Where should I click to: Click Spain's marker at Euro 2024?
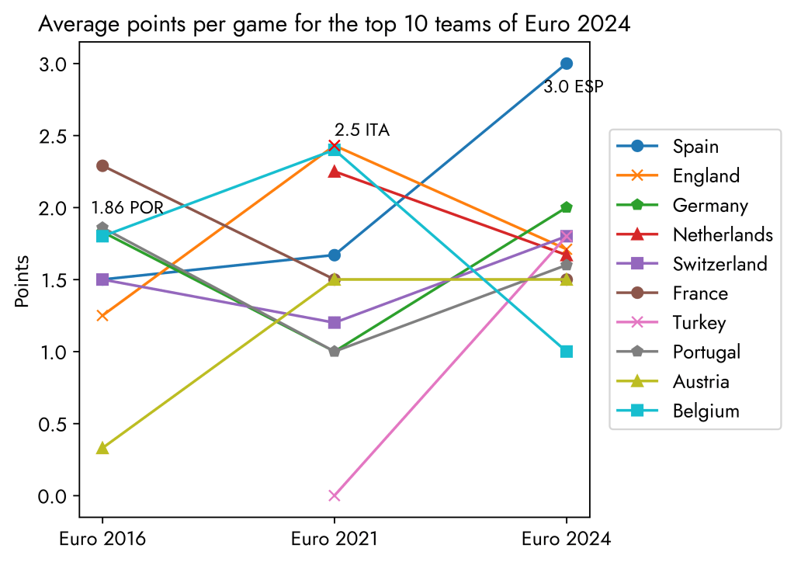(567, 64)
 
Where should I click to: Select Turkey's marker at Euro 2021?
(335, 495)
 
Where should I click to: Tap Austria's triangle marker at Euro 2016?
(102, 448)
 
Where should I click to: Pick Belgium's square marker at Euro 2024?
(567, 352)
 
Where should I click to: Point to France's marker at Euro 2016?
(102, 165)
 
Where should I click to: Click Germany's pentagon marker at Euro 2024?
(567, 207)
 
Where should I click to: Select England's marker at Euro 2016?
(102, 315)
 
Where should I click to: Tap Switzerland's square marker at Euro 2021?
(335, 322)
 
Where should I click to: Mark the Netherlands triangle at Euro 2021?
(335, 172)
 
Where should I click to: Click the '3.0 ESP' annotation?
(573, 87)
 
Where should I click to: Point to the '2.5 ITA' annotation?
(362, 130)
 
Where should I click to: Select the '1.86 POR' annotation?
(127, 208)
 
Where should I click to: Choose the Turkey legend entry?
(699, 323)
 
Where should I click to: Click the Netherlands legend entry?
(722, 234)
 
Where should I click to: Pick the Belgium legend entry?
(706, 411)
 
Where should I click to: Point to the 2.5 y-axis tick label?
(53, 136)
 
